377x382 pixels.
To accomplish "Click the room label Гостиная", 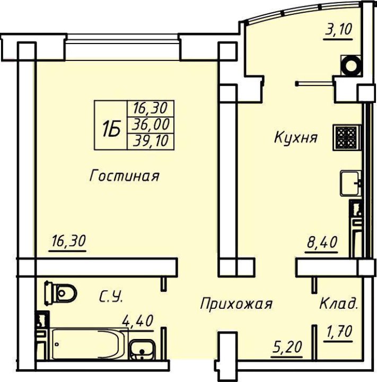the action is point(124,176).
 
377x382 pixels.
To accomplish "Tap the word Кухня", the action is point(296,137).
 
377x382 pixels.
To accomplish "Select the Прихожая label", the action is point(236,303).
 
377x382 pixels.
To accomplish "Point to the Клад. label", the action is point(338,303).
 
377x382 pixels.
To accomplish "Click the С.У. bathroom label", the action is point(111,297).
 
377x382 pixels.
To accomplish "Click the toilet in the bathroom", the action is point(60,293).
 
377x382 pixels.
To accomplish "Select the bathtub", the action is point(88,344).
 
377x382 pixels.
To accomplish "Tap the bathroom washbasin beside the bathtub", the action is point(142,350).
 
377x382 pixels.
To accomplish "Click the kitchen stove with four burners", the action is point(346,137).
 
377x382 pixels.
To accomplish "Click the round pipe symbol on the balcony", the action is point(351,66).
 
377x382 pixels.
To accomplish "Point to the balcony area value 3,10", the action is point(338,30).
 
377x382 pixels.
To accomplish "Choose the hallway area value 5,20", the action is point(287,346).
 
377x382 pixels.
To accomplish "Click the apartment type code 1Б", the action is point(111,129).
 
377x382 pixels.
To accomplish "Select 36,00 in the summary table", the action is point(151,124).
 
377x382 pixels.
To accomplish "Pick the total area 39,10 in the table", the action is point(151,141).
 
